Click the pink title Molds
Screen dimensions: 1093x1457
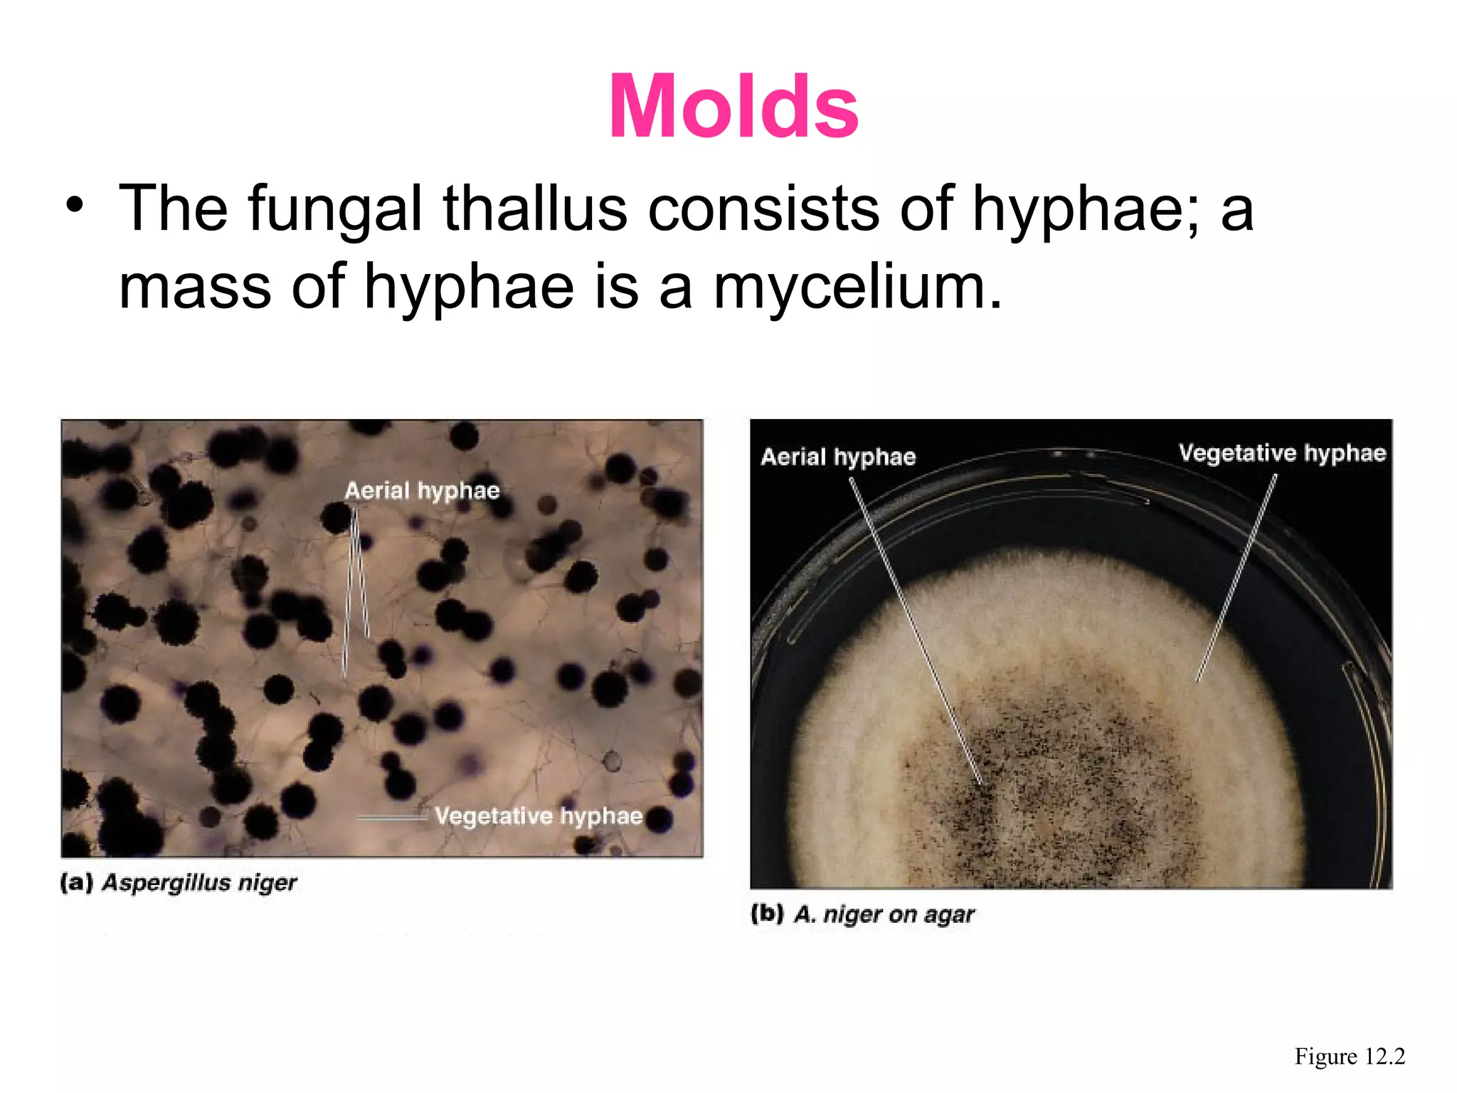733,107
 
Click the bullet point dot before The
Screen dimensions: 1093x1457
74,206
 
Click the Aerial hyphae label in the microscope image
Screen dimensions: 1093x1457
422,490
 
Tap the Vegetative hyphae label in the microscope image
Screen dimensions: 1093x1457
539,815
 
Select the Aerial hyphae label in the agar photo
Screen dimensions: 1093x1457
838,456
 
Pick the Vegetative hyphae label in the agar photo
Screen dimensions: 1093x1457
1282,453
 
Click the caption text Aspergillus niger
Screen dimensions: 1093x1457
199,882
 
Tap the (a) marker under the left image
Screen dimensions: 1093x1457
77,882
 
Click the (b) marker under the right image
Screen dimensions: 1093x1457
768,913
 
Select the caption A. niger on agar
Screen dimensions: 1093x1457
884,914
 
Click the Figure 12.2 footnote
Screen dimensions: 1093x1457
1350,1056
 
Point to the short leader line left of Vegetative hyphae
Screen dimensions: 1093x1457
392,818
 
